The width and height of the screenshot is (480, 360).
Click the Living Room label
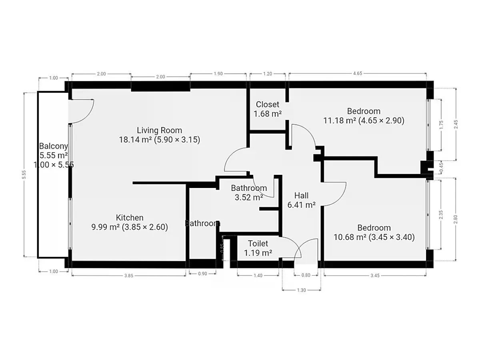[x=160, y=130]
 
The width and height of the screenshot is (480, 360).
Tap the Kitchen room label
[x=130, y=218]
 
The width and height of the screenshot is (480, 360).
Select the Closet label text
[x=268, y=104]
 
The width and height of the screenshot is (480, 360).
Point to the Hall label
[x=301, y=196]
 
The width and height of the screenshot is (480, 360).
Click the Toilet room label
[x=258, y=243]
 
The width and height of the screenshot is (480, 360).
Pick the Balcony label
[x=54, y=146]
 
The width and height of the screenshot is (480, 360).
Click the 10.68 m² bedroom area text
[x=350, y=237]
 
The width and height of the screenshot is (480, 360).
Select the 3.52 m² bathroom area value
[x=249, y=197]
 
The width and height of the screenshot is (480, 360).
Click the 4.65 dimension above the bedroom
[x=358, y=74]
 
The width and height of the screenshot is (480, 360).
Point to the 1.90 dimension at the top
[x=218, y=74]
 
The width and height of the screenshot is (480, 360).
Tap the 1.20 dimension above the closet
[x=268, y=74]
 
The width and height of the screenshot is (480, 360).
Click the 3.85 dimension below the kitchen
[x=129, y=276]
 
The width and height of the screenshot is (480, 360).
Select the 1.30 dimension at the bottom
[x=301, y=290]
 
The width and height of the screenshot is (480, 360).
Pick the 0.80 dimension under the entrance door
[x=306, y=275]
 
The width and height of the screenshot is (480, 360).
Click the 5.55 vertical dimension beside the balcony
[x=24, y=174]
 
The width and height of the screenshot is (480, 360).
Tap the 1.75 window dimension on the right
[x=441, y=125]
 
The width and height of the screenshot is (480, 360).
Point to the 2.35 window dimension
[x=441, y=215]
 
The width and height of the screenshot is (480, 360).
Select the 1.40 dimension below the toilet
[x=258, y=276]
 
